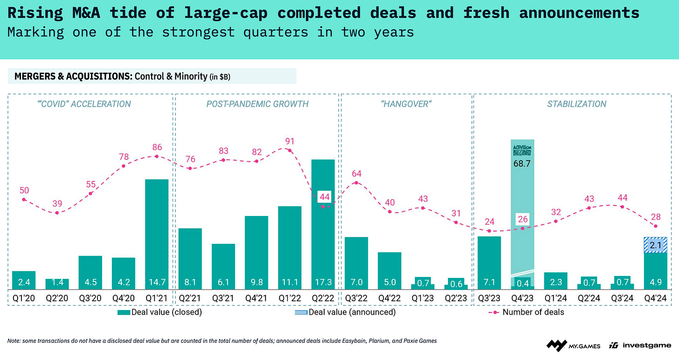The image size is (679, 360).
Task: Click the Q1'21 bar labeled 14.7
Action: point(157,233)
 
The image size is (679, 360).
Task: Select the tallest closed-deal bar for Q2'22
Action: point(323,224)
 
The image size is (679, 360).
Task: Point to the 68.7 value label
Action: point(522,164)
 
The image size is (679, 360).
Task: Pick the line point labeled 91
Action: point(290,150)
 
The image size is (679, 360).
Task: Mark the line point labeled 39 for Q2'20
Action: point(57,213)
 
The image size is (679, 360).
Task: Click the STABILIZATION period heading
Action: point(576,104)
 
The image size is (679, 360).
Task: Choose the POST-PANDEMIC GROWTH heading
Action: point(257,104)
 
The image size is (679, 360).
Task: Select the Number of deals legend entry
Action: point(527,312)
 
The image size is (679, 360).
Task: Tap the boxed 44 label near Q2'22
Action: point(323,197)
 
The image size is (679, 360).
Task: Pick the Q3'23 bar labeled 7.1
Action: point(489,263)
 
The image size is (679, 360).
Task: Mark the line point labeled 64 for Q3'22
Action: point(356,182)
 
